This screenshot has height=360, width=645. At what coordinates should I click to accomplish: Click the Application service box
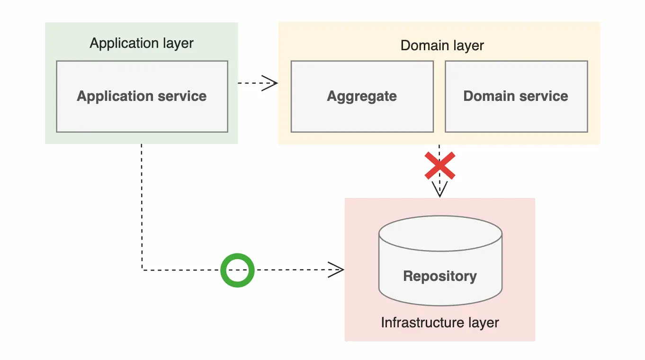point(142,114)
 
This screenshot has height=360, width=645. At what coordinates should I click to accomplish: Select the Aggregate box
point(362,114)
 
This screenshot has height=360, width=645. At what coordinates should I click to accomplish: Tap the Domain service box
point(516,114)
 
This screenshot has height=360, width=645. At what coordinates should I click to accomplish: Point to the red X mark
point(440,166)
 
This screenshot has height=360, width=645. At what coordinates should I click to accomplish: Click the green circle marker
point(237,270)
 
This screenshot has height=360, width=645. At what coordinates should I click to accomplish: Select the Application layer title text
point(142,43)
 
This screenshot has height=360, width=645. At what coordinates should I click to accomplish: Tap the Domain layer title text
point(442,45)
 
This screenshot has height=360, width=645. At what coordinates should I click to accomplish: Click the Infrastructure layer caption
point(440,323)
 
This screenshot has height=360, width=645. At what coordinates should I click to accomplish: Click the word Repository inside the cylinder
point(440,276)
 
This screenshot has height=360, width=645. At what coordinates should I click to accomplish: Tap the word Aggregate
point(362,96)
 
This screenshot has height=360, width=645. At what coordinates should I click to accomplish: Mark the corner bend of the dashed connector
point(142,270)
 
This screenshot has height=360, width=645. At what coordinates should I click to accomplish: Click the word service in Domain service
point(543,96)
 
